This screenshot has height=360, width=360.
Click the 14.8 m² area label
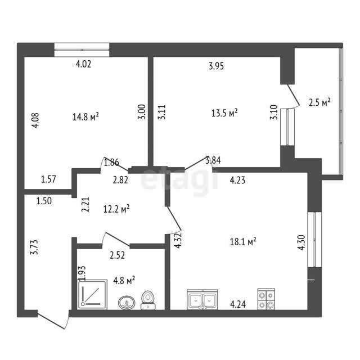(85, 116)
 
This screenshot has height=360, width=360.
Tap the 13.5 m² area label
(224, 112)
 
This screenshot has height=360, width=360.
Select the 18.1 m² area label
(243, 241)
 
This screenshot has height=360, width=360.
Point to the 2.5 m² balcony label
(319, 102)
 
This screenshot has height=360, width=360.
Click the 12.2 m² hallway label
(116, 209)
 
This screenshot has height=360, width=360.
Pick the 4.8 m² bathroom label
(124, 280)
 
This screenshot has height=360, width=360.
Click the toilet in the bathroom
(148, 300)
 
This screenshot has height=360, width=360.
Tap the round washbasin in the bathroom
(127, 303)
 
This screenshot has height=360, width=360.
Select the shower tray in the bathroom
(92, 294)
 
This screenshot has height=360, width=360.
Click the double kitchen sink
(202, 299)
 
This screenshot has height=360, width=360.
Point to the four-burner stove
(266, 299)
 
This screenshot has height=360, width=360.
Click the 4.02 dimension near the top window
(83, 64)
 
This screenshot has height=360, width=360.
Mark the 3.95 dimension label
(216, 66)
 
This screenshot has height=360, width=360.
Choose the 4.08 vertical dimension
(35, 120)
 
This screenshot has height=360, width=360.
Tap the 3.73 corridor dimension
(34, 247)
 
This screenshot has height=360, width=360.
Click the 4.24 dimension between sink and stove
(238, 304)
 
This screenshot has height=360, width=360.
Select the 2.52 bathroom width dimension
(118, 255)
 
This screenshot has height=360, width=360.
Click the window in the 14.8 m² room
(82, 49)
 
